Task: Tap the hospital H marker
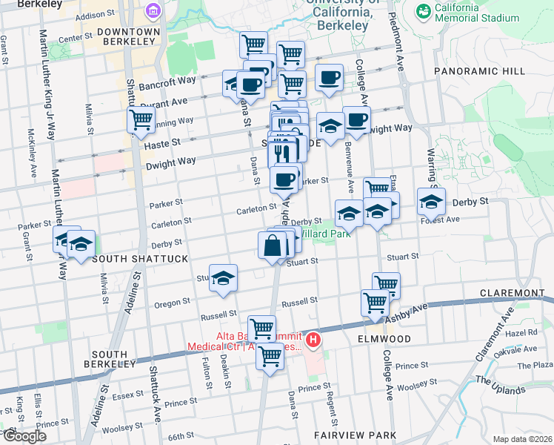pyautogui.click(x=313, y=341)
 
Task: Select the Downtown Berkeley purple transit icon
pyautogui.click(x=153, y=11)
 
